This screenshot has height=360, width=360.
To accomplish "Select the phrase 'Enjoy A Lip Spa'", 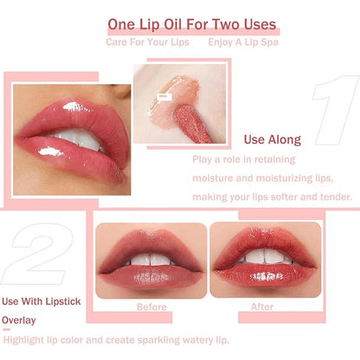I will pyautogui.click(x=241, y=42).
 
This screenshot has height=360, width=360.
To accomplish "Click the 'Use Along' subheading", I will pyautogui.click(x=272, y=139).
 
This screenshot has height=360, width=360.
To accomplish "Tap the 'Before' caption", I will pyautogui.click(x=151, y=306).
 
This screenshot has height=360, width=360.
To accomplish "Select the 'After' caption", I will pyautogui.click(x=261, y=306).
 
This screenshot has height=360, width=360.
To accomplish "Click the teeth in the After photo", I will pyautogui.click(x=263, y=257).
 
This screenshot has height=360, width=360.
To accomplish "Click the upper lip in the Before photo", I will pyautogui.click(x=151, y=242).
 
